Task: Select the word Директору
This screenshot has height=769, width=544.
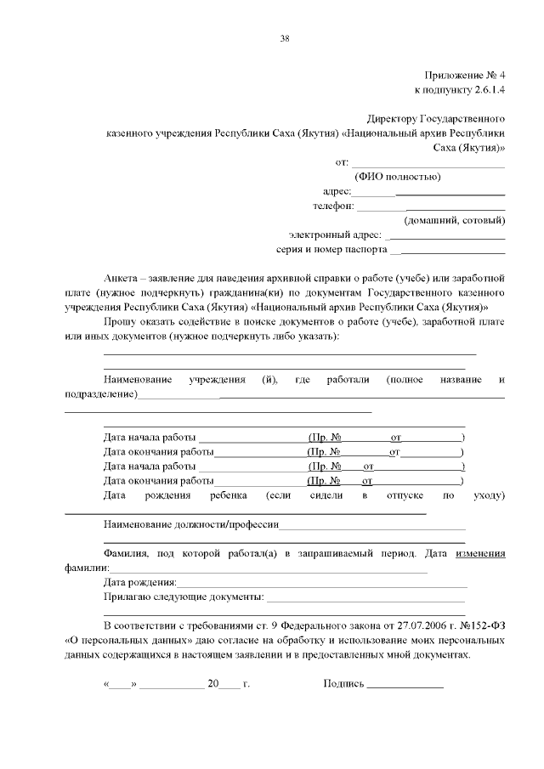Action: click(394, 119)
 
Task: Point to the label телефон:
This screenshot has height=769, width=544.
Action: click(332, 206)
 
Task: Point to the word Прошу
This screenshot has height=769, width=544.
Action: click(118, 322)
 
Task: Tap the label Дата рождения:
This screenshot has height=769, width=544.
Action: click(140, 582)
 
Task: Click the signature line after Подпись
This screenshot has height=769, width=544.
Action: click(405, 684)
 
